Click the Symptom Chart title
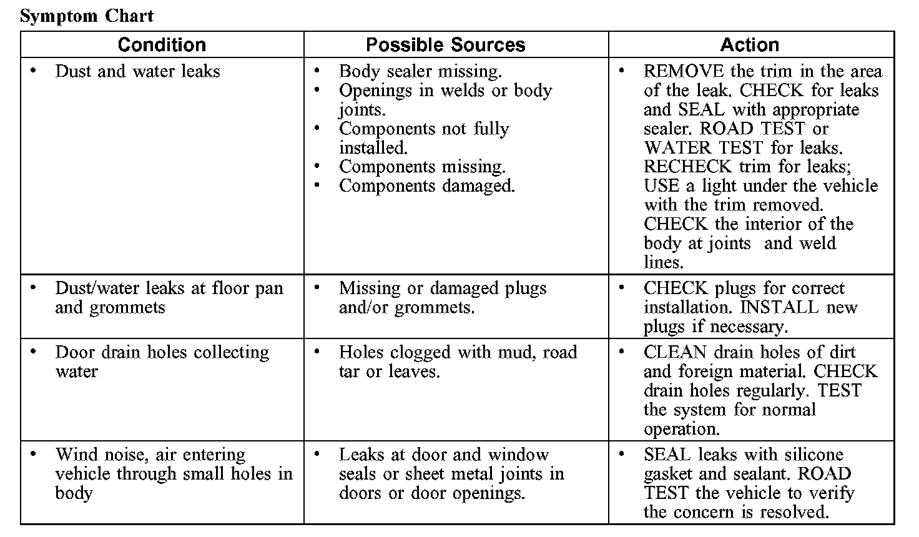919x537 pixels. pyautogui.click(x=87, y=16)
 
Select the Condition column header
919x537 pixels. pyautogui.click(x=162, y=45)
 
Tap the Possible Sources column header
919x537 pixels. pyautogui.click(x=445, y=45)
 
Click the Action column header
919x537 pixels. pyautogui.click(x=749, y=45)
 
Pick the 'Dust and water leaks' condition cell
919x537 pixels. pyautogui.click(x=137, y=72)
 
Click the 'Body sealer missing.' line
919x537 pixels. pyautogui.click(x=420, y=72)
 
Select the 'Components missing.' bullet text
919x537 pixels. pyautogui.click(x=422, y=167)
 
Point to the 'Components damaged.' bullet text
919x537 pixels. pyautogui.click(x=427, y=186)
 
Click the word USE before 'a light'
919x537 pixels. pyautogui.click(x=661, y=186)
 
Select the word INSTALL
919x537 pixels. pyautogui.click(x=779, y=307)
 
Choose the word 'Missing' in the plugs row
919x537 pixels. pyautogui.click(x=370, y=288)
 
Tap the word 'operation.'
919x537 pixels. pyautogui.click(x=682, y=430)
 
